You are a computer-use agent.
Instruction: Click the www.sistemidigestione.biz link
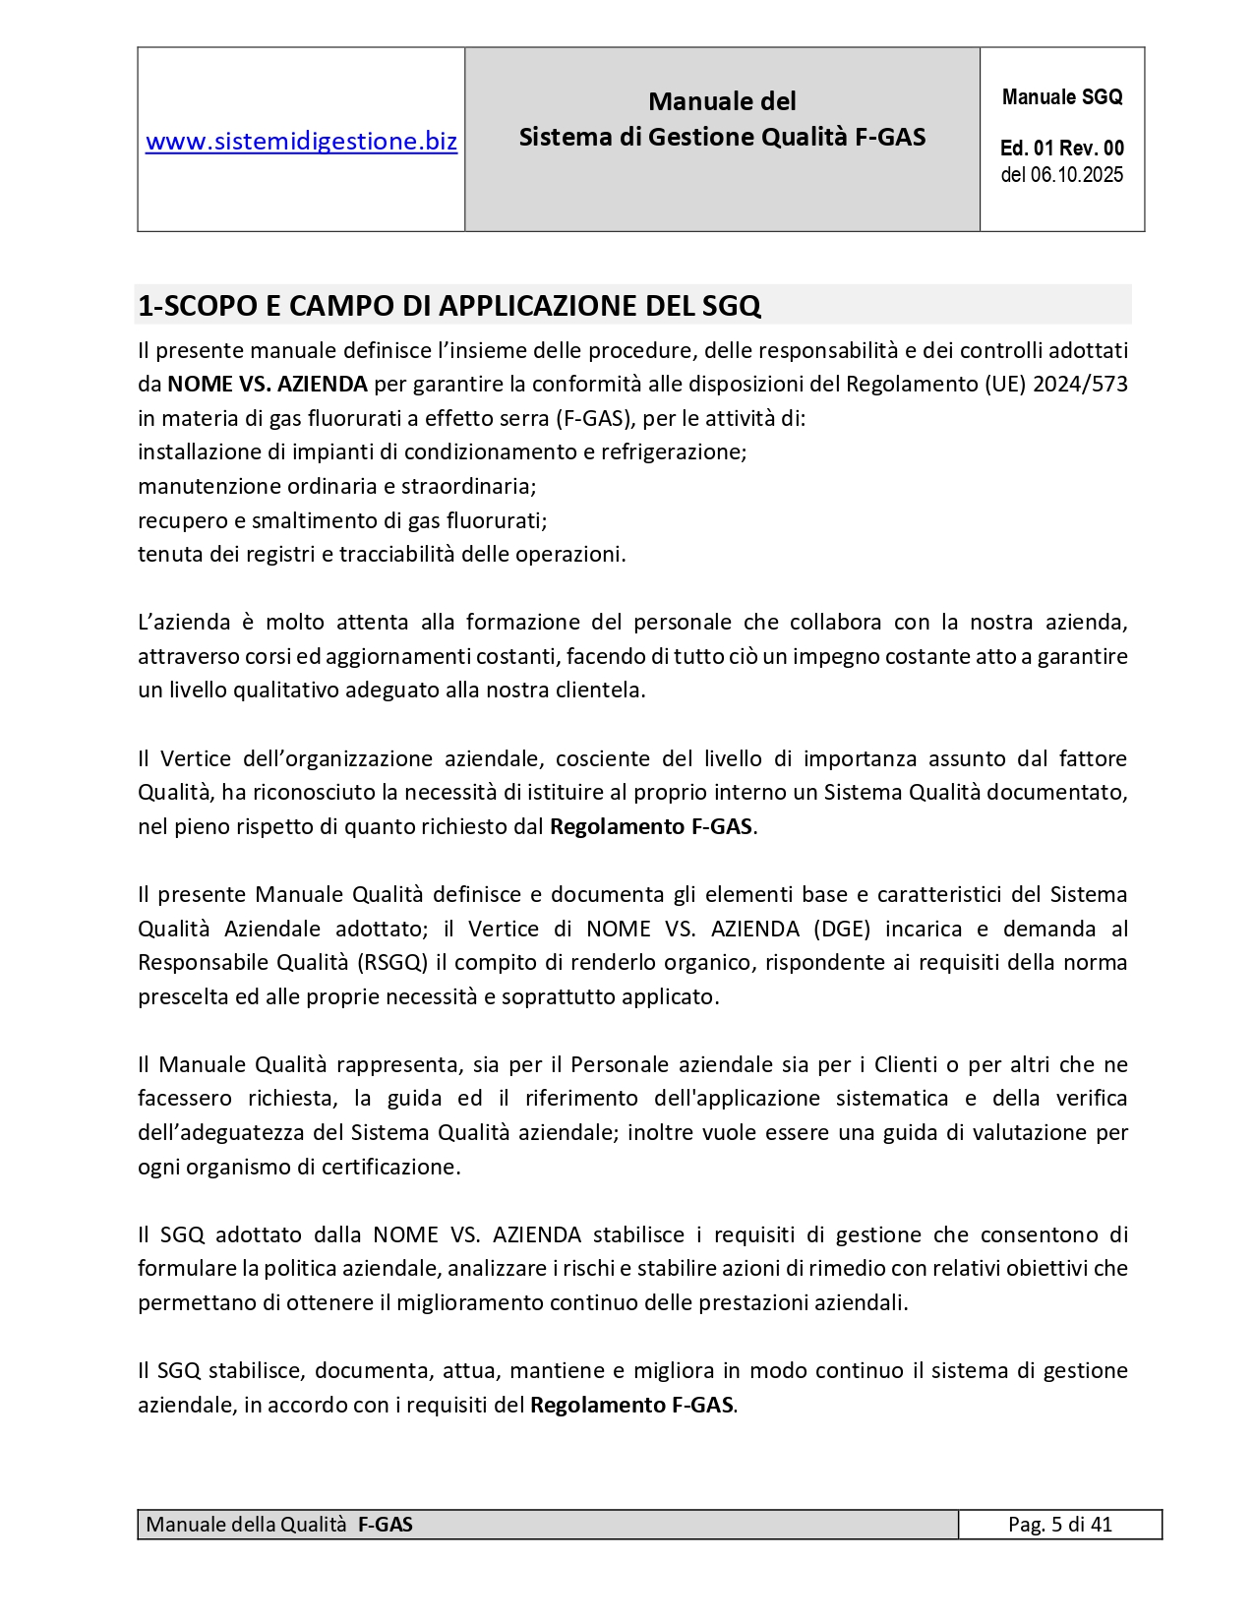(301, 142)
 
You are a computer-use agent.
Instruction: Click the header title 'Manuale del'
(722, 101)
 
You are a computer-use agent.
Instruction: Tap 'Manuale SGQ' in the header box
(1061, 97)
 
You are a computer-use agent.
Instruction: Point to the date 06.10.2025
(1076, 175)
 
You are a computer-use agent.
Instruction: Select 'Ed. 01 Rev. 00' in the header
(1061, 149)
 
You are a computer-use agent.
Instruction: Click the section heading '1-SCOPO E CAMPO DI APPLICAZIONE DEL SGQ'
(449, 306)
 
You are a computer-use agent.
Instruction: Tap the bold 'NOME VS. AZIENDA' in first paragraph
(268, 384)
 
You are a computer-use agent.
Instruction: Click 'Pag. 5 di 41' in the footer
(1059, 1525)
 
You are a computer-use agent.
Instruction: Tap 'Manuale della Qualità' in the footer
(246, 1525)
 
